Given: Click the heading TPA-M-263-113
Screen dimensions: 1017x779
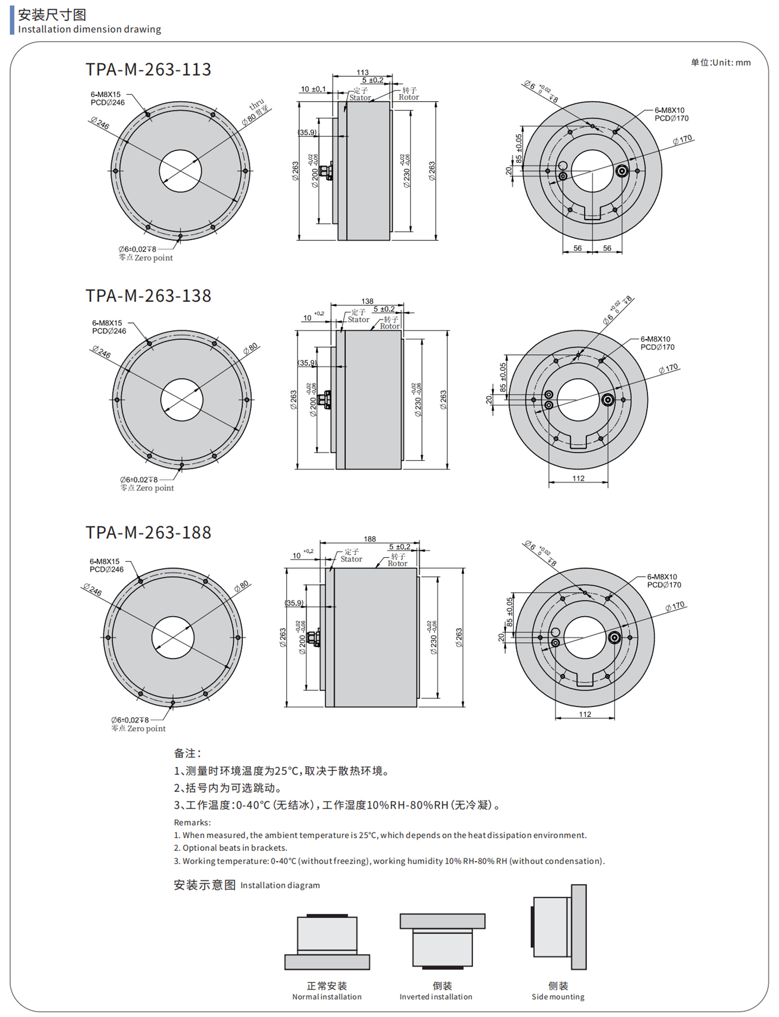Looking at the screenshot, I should (148, 70).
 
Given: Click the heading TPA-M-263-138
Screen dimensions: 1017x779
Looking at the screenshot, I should (148, 296).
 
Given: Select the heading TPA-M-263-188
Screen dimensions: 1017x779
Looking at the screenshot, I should (148, 533).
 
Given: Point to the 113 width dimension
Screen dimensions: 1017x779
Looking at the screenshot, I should (362, 72).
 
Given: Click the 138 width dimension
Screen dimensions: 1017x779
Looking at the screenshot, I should (367, 301).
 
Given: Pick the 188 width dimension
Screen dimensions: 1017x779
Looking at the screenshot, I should (369, 539).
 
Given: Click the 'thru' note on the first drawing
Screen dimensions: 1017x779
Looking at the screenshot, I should (257, 104).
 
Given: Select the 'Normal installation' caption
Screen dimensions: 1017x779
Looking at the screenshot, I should (327, 996).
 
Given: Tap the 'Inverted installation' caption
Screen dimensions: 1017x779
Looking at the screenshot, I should (435, 996).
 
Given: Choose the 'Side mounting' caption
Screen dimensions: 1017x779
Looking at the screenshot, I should (558, 996).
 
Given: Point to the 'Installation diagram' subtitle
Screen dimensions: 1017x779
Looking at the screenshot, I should (280, 885).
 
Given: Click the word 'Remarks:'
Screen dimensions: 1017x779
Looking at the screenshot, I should (192, 822).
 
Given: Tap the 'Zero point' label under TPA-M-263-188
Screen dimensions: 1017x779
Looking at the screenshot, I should (146, 729).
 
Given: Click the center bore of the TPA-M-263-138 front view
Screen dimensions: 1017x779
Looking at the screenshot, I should (182, 400).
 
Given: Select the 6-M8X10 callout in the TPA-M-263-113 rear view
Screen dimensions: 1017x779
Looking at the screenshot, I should (671, 114).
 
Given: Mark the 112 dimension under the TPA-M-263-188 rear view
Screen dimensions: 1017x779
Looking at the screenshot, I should (585, 714).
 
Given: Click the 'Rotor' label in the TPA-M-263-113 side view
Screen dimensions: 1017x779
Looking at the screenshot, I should (408, 97).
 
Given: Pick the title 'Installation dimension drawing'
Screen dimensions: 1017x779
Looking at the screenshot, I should (89, 29).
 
